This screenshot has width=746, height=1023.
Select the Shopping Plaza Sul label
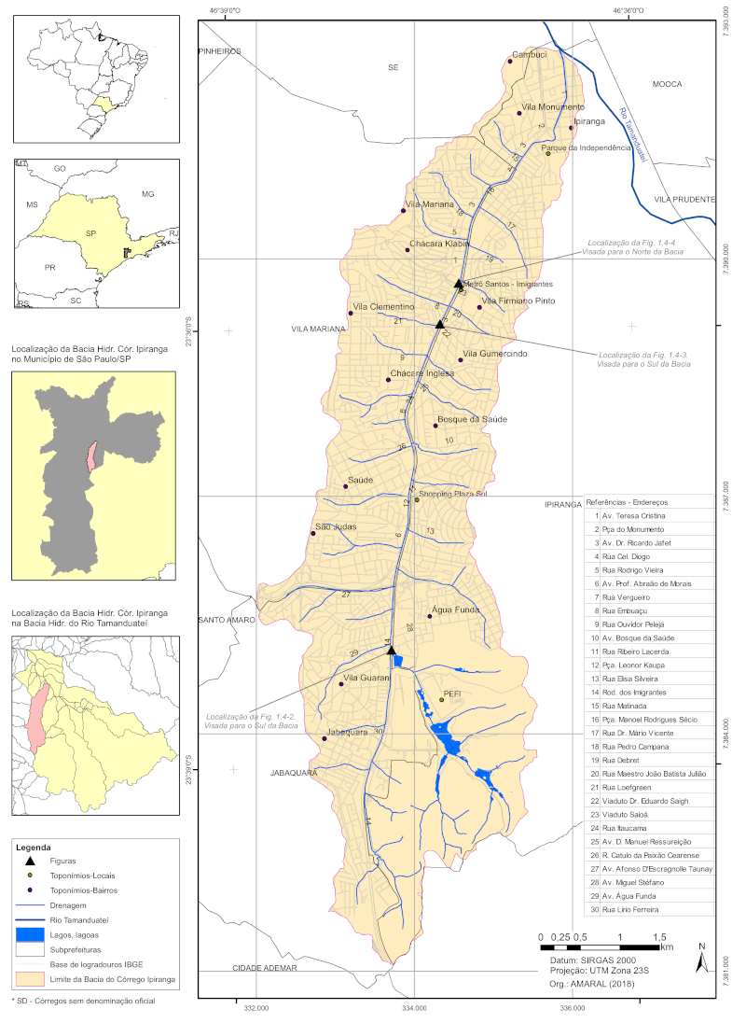pos(454,494)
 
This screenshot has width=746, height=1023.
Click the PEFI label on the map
pos(453,694)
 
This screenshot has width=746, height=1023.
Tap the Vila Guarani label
pos(366,678)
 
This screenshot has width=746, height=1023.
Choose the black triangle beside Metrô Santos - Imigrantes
pos(458,283)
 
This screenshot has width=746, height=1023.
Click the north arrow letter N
pos(701,946)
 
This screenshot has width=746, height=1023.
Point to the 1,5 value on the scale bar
pos(659,936)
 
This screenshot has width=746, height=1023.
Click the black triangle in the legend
pos(29,861)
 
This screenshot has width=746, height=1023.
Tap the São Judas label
pos(334,527)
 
